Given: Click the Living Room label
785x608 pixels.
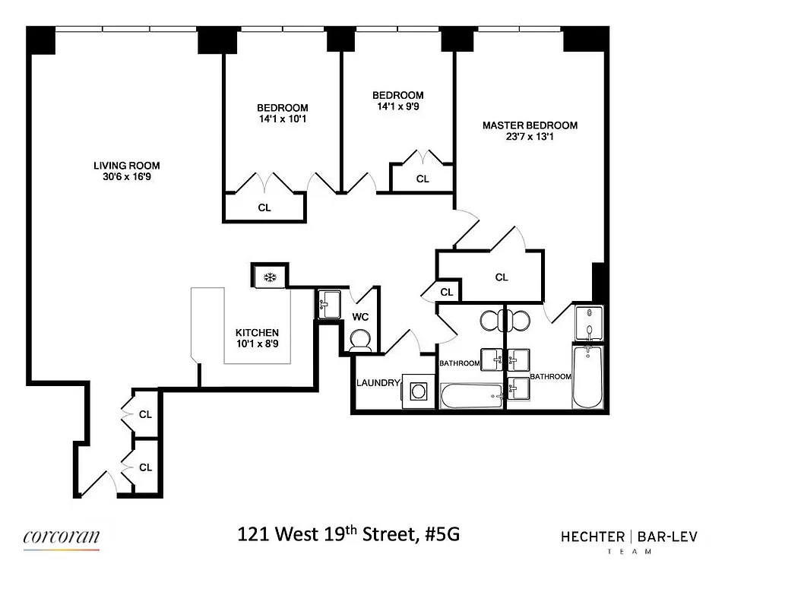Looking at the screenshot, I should [x=126, y=166].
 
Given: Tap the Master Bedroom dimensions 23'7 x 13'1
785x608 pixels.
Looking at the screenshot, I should [x=530, y=138].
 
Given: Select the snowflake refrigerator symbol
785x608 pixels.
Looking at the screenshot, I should [x=269, y=276].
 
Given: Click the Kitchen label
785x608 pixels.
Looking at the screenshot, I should [x=257, y=333].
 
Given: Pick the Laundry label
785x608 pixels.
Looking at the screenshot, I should [x=378, y=383].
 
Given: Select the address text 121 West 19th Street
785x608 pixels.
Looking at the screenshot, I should [x=328, y=535].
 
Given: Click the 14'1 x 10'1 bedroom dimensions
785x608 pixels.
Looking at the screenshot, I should [x=282, y=119].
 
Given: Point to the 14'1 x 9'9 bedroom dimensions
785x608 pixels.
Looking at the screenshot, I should [x=397, y=107].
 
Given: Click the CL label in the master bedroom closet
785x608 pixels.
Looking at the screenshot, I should [x=501, y=277].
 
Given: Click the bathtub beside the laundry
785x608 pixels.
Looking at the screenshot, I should [x=471, y=395].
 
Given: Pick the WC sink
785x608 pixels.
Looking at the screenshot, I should [x=330, y=305].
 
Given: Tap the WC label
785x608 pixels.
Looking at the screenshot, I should [x=360, y=317].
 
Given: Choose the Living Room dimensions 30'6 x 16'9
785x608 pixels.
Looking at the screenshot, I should [x=126, y=177].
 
